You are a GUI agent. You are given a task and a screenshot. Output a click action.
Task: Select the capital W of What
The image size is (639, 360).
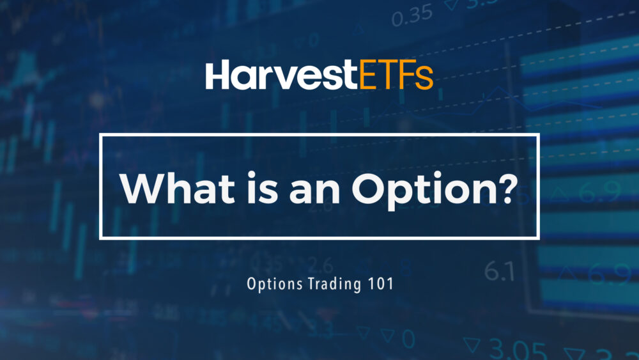coord(141,187)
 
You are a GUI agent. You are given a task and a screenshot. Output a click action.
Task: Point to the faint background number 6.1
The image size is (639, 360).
coord(499,272)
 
